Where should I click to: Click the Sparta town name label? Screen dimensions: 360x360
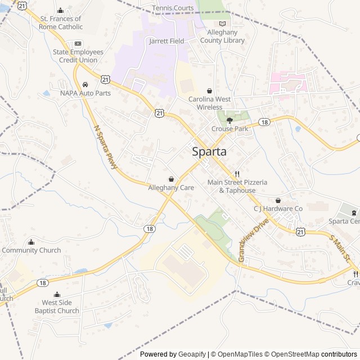(x=209, y=151)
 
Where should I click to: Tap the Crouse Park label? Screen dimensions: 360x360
(x=229, y=129)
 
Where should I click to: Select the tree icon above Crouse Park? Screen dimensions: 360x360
(x=229, y=120)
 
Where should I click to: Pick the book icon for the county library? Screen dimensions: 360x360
(x=222, y=24)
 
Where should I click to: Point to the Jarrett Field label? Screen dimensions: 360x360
(x=166, y=41)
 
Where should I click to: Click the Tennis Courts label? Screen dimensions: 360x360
(x=173, y=8)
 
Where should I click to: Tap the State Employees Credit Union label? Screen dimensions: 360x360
(x=78, y=56)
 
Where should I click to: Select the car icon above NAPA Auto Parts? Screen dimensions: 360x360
(x=85, y=84)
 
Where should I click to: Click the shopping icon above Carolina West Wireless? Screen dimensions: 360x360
(x=209, y=91)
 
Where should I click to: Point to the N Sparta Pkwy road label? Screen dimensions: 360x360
(x=107, y=143)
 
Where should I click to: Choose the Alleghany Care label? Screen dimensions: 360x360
(x=171, y=187)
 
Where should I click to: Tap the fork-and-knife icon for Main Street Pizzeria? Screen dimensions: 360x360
(x=237, y=174)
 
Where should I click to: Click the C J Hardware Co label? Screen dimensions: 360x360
(x=278, y=209)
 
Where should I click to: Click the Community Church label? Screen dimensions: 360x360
(x=31, y=250)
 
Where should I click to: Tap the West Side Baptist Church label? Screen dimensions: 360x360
(x=57, y=307)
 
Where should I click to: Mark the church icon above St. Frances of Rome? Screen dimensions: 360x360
(x=61, y=11)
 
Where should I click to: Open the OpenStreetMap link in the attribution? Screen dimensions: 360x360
(x=291, y=354)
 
